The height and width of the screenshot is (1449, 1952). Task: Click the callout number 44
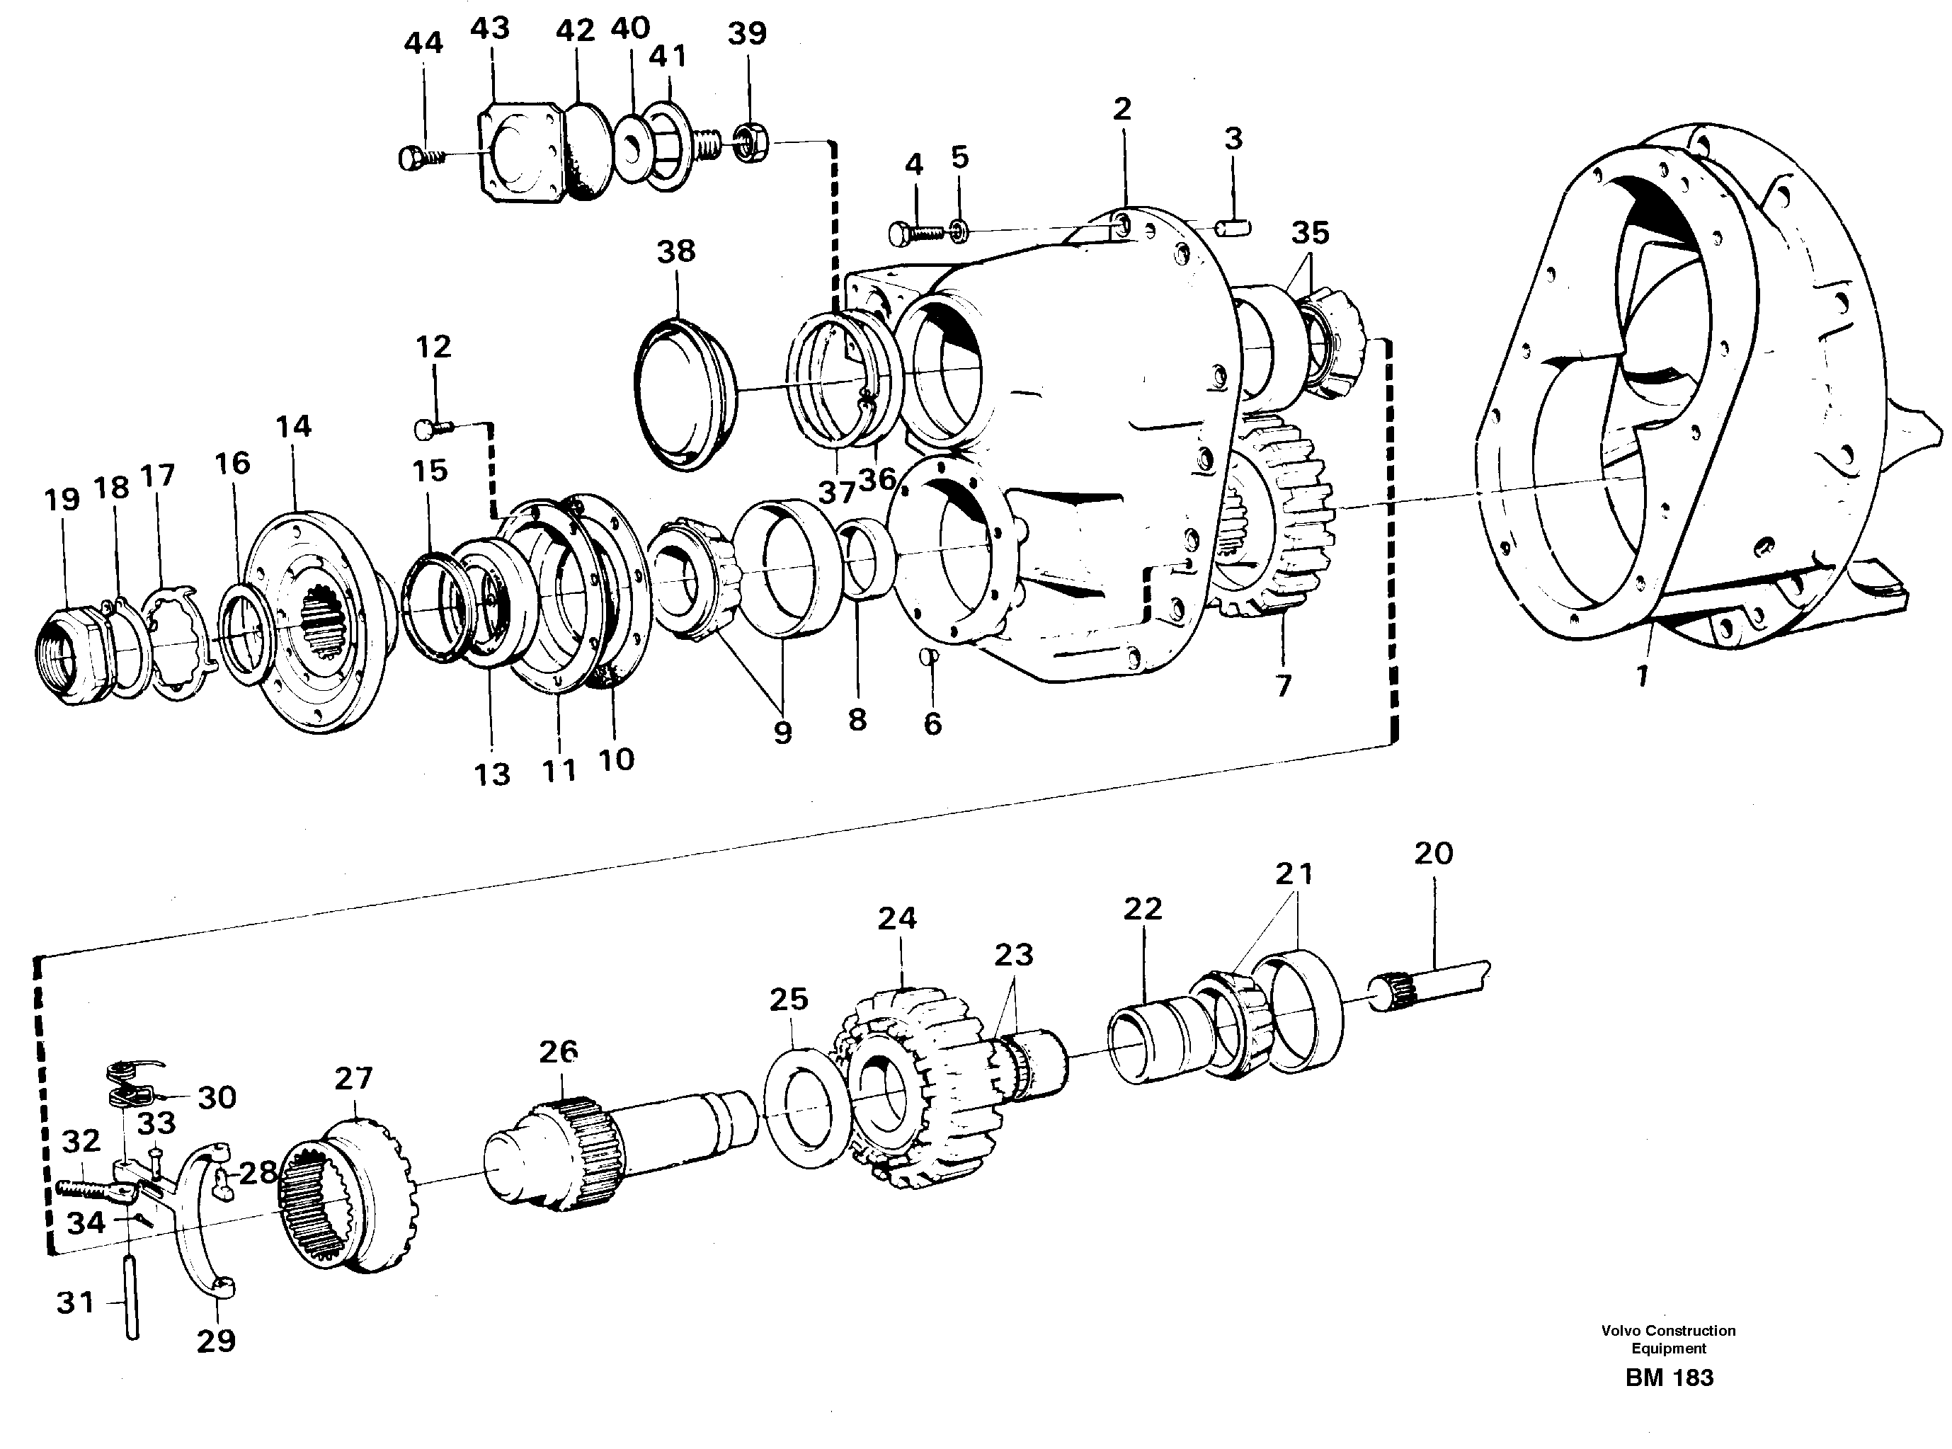pos(423,43)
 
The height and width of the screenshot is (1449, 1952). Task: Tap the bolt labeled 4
pos(913,234)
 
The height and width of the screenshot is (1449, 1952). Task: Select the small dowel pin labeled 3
pos(1234,229)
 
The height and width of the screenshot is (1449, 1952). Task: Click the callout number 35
pos(1309,234)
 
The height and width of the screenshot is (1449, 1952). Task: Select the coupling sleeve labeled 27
pos(351,1195)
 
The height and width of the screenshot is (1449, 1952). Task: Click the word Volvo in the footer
pos(1621,1331)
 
